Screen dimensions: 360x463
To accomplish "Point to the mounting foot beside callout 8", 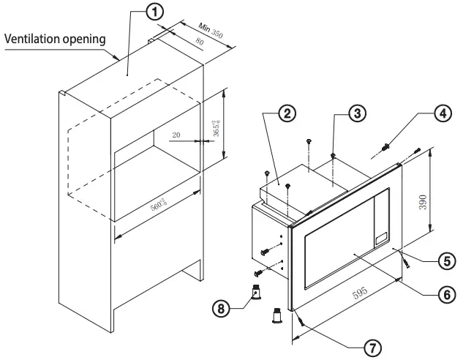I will [257, 294].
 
